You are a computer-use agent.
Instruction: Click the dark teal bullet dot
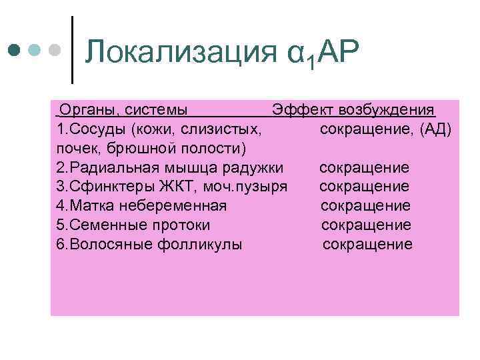pos(15,50)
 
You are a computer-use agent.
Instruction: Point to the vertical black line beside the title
pos(72,50)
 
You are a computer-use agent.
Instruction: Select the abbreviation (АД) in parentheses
pos(436,128)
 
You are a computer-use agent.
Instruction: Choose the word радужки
pos(253,167)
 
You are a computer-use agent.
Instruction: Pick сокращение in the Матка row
pos(365,205)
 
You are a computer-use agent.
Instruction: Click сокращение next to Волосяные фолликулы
pos(367,244)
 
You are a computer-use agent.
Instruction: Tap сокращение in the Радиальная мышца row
pos(364,167)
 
